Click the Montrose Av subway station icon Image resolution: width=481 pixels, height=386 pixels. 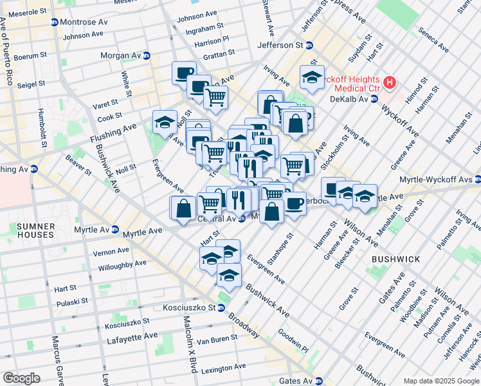point(55,22)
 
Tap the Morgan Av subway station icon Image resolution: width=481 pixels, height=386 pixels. point(147,55)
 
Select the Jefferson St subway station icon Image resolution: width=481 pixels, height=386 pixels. point(309,45)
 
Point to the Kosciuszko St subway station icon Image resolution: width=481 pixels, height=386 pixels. point(221,308)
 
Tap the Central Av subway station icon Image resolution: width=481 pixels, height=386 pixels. point(242,219)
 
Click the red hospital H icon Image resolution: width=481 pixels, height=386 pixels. point(389,82)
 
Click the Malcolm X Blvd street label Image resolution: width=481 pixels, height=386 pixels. point(189,345)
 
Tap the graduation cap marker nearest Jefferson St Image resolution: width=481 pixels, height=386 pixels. point(312,77)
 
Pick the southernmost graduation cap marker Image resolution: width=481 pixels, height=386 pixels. point(229,275)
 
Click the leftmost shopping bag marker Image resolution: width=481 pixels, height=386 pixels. point(183,208)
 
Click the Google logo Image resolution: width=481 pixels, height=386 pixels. point(21,378)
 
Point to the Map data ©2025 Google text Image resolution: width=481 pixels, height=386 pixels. point(441,381)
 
